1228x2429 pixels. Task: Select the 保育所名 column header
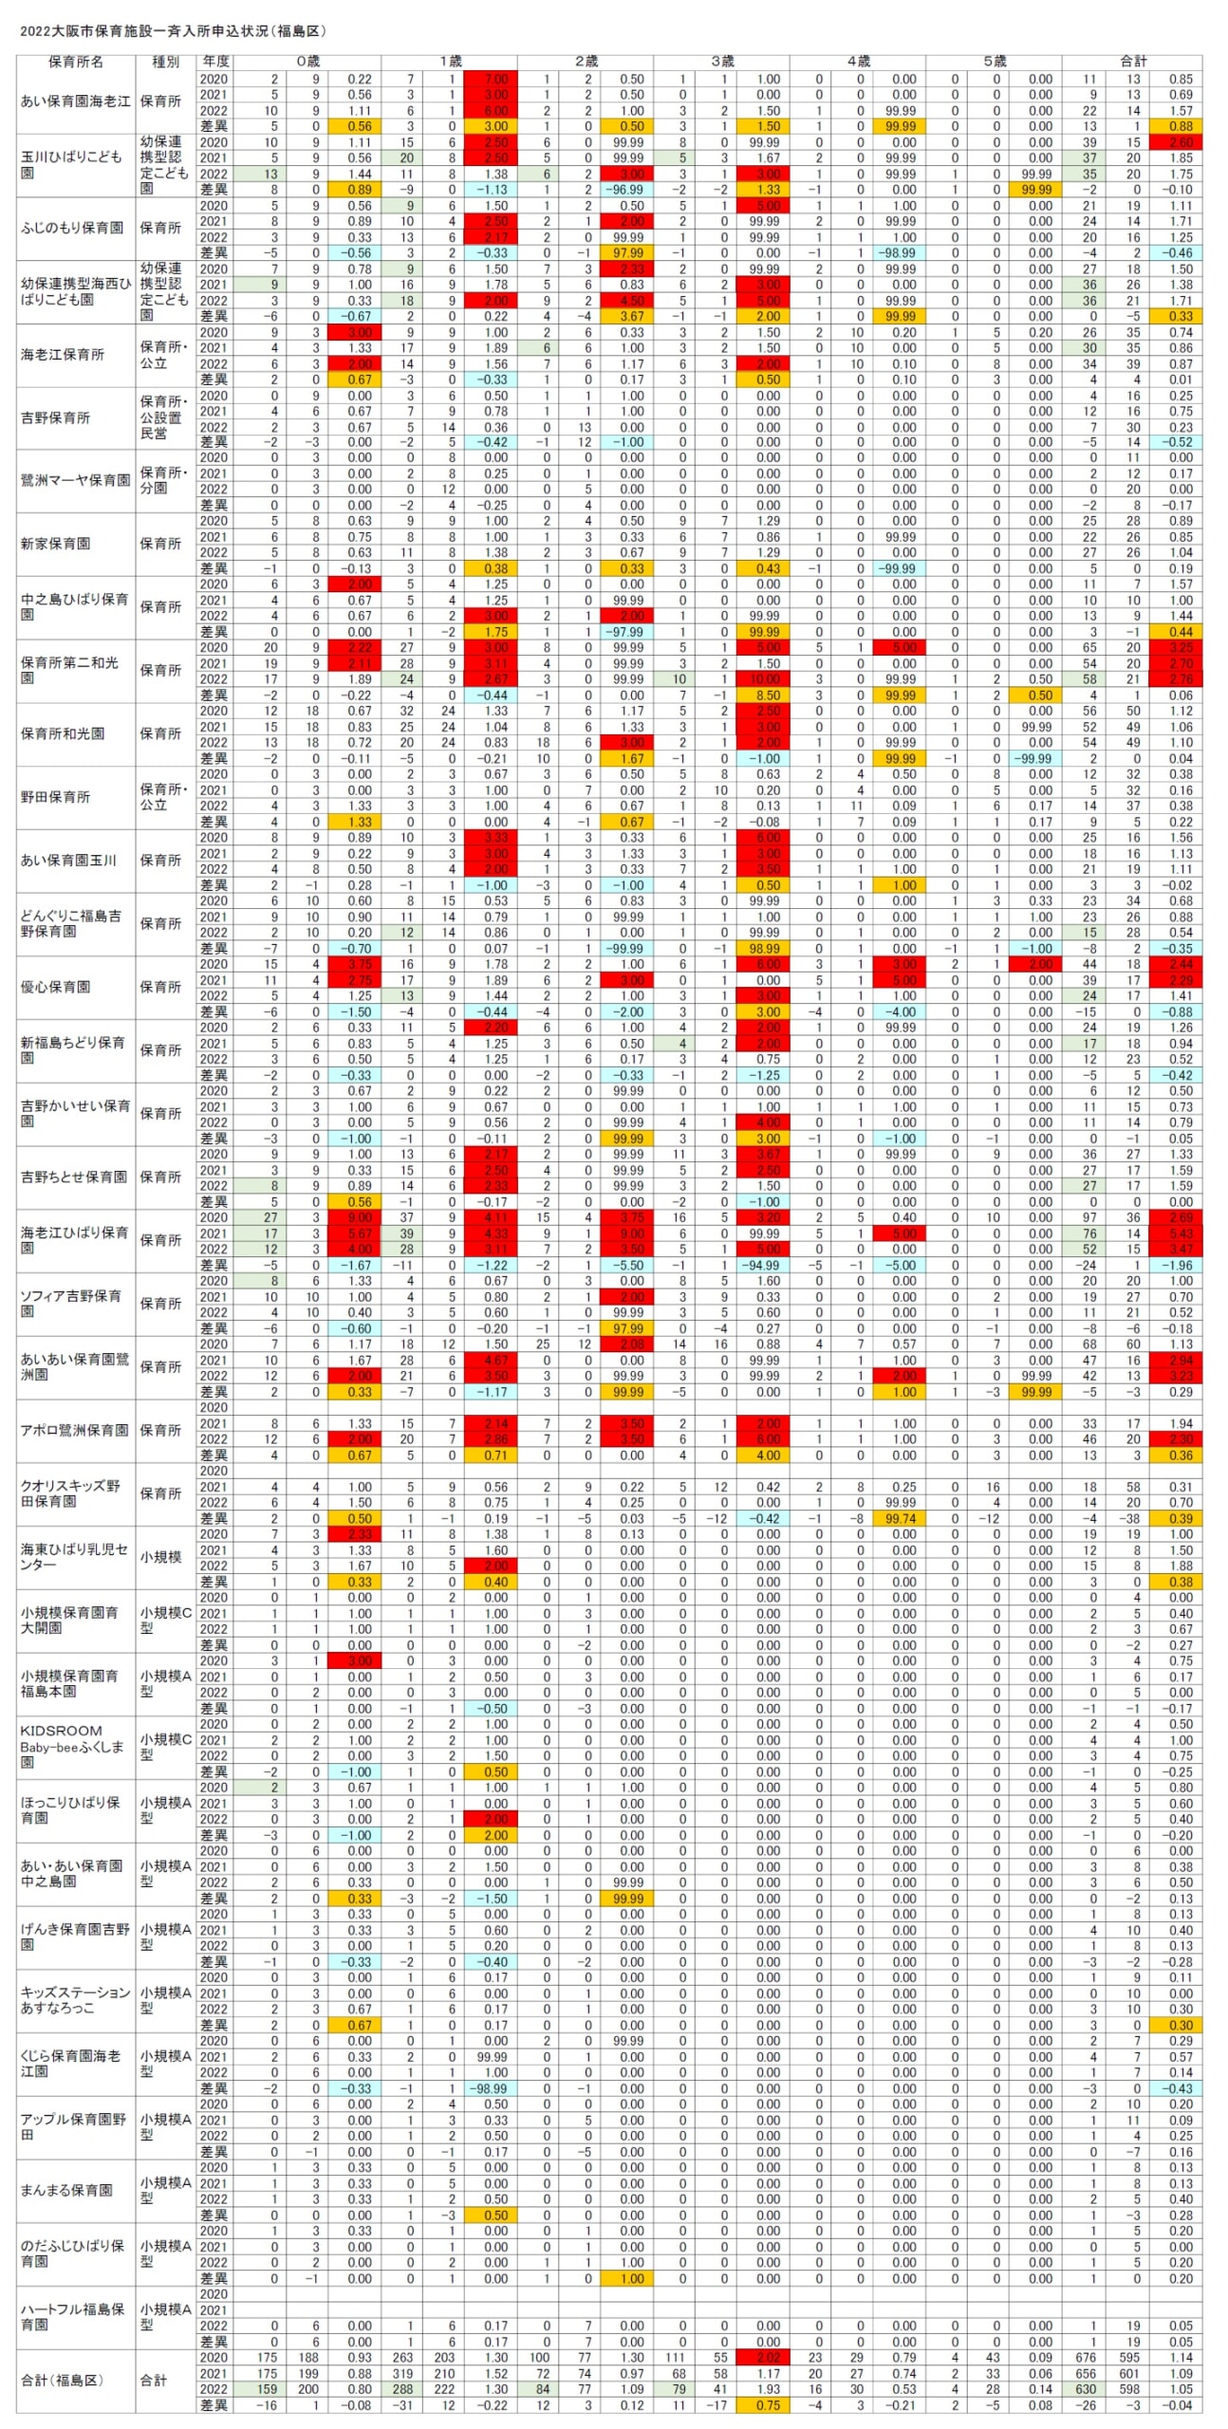[x=76, y=62]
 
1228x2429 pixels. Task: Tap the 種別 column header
[x=165, y=62]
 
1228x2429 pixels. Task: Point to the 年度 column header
[x=214, y=62]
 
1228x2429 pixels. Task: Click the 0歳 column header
[x=307, y=62]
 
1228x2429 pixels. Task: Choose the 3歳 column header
[x=722, y=62]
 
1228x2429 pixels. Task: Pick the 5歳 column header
[x=994, y=62]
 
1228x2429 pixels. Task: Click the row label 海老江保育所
[x=63, y=355]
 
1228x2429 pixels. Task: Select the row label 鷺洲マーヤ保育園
[x=76, y=481]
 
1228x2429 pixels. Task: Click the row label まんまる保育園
[x=66, y=2190]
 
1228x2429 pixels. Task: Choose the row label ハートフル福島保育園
[x=73, y=2317]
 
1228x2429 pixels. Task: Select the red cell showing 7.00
[x=491, y=79]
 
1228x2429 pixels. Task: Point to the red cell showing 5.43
[x=1175, y=1233]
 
